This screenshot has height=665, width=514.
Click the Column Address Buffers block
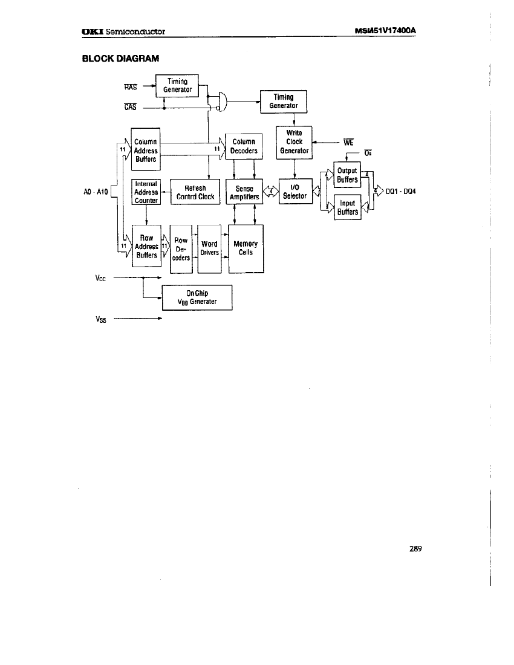click(146, 151)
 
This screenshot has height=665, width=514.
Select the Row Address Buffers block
click(146, 247)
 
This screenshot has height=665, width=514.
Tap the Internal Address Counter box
click(146, 192)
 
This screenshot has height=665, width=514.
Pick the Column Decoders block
click(244, 147)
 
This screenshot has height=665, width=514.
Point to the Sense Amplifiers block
click(244, 192)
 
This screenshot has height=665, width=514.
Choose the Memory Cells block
click(246, 248)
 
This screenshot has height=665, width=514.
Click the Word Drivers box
click(209, 248)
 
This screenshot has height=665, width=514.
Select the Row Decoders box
click(181, 248)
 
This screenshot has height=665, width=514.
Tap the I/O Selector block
click(294, 192)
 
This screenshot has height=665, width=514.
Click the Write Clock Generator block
click(294, 142)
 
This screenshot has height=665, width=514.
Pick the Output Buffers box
click(347, 175)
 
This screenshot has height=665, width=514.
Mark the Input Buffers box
click(347, 208)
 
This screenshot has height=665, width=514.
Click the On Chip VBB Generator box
click(197, 297)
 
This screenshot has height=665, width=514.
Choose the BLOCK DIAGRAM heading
click(120, 58)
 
